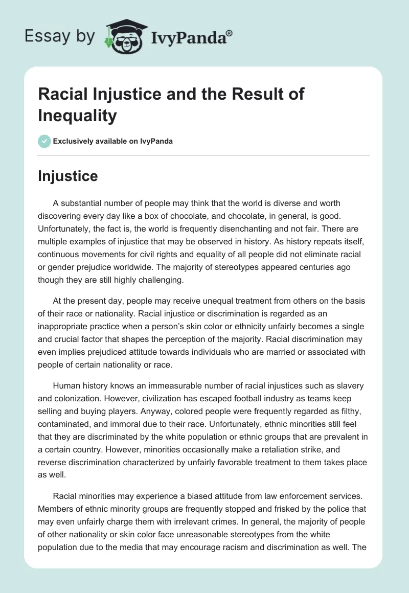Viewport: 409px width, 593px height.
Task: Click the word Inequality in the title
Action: (x=77, y=116)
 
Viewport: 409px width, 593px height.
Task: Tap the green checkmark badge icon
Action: (x=44, y=141)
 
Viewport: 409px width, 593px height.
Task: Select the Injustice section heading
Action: (x=67, y=176)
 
